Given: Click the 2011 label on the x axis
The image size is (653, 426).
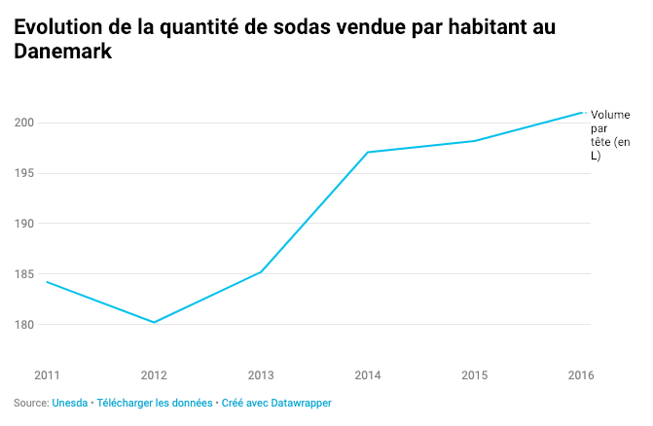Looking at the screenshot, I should coord(47,374).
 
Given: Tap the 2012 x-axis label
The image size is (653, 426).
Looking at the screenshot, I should coord(154,374).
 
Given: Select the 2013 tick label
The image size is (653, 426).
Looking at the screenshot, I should coord(261,374).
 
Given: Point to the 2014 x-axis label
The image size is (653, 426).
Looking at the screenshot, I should coord(368,374).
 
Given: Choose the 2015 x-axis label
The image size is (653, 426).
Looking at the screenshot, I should coord(474,374).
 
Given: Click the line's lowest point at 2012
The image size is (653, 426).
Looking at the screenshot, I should coord(154,322).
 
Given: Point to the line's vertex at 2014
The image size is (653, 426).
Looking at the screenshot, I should coord(368,152).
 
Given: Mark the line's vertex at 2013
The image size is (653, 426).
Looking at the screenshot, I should coord(261,271).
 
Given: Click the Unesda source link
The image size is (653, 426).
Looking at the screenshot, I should coord(69,403).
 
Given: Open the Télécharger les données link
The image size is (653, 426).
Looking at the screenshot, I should coord(155,403).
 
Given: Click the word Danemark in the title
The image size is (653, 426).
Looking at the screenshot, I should coord(63,54).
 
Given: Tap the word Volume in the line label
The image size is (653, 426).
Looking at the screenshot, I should coord(610,115).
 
